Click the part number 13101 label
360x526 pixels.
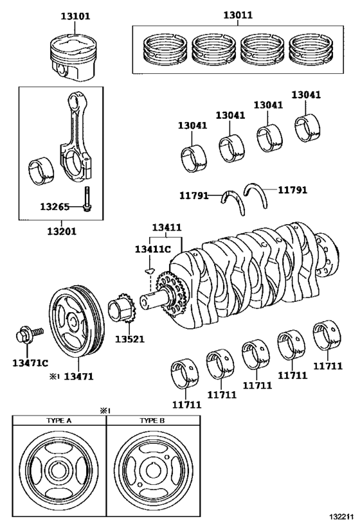(x=76, y=16)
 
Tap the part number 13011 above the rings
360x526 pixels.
(x=238, y=15)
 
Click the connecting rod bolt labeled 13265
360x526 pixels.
(x=87, y=198)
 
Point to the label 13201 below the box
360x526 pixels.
(x=62, y=231)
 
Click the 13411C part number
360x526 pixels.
(x=153, y=249)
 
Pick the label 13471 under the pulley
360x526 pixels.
(x=78, y=376)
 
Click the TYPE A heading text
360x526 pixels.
(x=59, y=421)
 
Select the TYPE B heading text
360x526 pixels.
(x=152, y=421)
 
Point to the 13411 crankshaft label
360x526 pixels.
(x=167, y=227)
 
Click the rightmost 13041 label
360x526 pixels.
(x=306, y=95)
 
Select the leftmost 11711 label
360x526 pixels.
(x=186, y=405)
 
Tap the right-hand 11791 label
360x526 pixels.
(x=292, y=190)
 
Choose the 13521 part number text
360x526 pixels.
(x=130, y=339)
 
